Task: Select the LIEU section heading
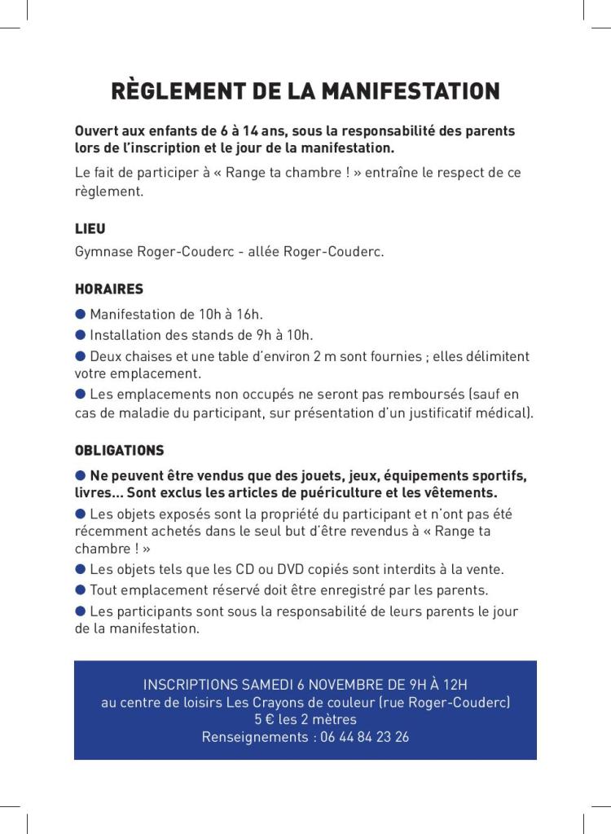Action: tap(90, 229)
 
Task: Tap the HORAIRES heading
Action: tap(108, 289)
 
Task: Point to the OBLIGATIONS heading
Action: tap(119, 450)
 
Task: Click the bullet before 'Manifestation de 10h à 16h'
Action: tap(81, 314)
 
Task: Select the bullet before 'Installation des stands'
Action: tap(81, 334)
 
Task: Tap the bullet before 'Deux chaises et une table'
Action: tap(81, 355)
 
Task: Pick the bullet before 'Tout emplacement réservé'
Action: tap(81, 589)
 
